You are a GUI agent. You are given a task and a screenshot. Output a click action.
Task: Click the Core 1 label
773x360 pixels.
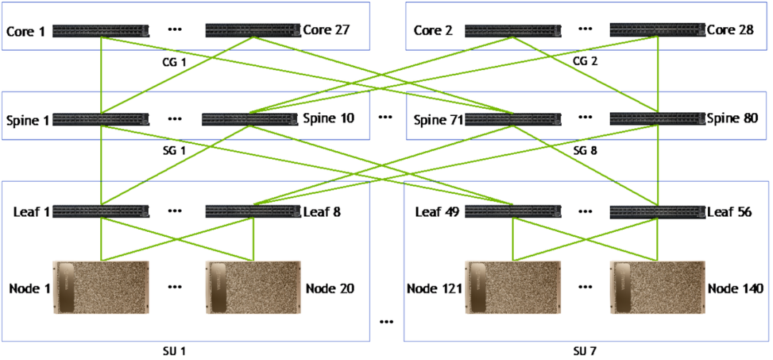coord(25,31)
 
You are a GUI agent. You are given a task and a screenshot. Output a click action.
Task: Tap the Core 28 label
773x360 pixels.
coord(730,31)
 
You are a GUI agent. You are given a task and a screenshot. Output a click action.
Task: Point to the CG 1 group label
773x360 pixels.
coord(175,62)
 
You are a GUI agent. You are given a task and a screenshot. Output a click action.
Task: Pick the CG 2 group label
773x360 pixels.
coord(585,62)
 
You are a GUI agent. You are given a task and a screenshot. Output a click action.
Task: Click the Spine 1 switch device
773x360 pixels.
coord(101,119)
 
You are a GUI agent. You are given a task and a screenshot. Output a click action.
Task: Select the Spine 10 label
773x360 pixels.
coord(328,119)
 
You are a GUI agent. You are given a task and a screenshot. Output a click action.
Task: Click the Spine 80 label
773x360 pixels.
coord(732,119)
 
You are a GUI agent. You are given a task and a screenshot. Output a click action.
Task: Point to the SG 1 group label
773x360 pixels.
coord(175,150)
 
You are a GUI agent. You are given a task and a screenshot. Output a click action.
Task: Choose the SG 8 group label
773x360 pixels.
coord(585,150)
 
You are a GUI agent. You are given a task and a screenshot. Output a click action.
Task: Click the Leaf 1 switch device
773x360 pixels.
coord(101,212)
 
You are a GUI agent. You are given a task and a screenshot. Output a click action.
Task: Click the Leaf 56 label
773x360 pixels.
coord(729,212)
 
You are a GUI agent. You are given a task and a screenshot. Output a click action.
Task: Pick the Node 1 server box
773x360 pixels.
coord(101,287)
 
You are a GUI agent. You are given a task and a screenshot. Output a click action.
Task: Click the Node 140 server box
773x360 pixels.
coord(657,287)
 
